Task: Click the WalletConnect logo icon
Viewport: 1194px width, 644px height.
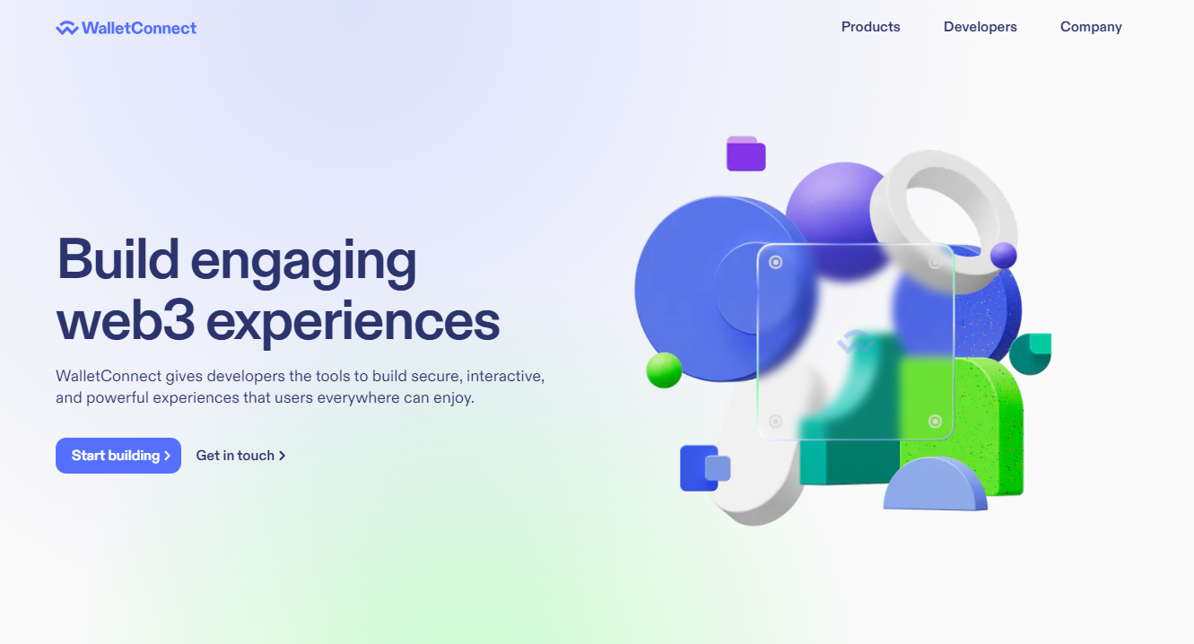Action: [67, 28]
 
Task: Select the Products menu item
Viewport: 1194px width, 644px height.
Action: [870, 27]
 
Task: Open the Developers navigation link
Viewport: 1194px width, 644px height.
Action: [980, 27]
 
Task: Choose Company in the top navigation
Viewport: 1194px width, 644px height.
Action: [1091, 27]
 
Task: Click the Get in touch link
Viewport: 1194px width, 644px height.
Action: [241, 456]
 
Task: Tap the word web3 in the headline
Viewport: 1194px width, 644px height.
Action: [126, 321]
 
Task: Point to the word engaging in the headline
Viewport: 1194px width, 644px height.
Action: [303, 262]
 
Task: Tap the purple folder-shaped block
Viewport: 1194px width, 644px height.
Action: [745, 153]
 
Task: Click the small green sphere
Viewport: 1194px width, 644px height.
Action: [664, 370]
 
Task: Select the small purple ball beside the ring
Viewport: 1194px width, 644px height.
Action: [1004, 256]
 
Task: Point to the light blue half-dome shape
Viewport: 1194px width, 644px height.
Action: [935, 484]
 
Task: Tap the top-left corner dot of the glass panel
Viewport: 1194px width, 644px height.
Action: [776, 262]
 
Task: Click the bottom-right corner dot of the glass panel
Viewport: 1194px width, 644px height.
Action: [935, 422]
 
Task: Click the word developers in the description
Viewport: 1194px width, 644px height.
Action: [246, 376]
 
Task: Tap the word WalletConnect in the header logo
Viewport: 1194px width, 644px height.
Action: [139, 28]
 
